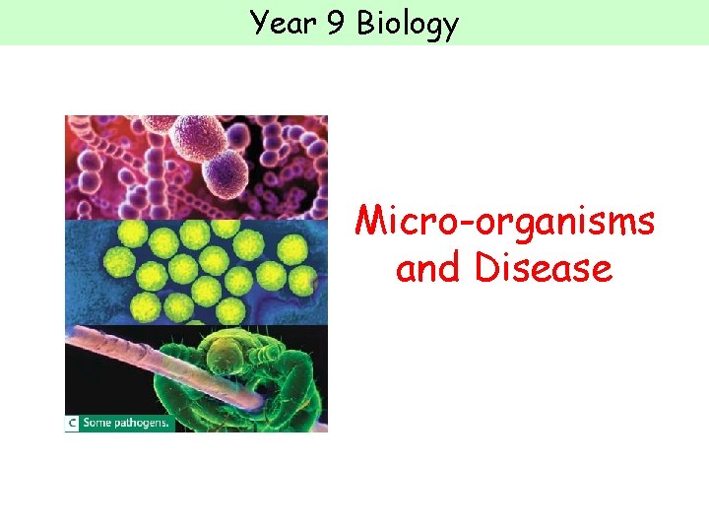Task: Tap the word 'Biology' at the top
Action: pyautogui.click(x=408, y=24)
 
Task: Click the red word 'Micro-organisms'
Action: pyautogui.click(x=504, y=222)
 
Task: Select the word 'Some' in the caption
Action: pyautogui.click(x=102, y=423)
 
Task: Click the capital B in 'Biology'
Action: pyautogui.click(x=366, y=23)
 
